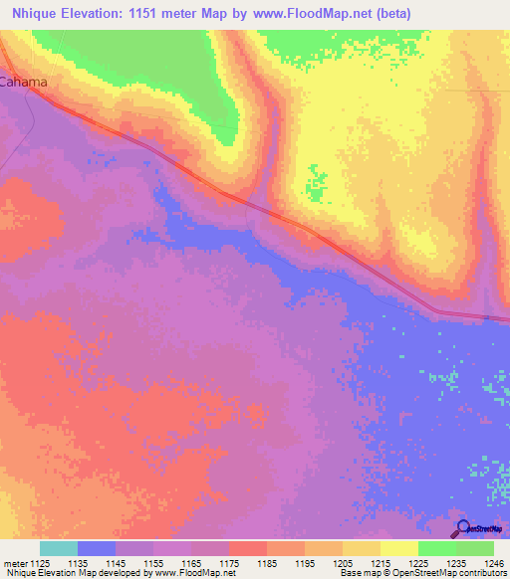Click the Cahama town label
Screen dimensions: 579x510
(x=24, y=83)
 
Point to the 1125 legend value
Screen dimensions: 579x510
(x=41, y=562)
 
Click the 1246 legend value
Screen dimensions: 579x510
(x=494, y=562)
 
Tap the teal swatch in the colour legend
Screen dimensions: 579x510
(x=59, y=548)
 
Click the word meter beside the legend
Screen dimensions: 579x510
(x=14, y=562)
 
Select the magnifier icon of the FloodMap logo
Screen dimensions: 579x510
(x=461, y=529)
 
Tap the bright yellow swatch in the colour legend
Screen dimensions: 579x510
(x=398, y=548)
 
